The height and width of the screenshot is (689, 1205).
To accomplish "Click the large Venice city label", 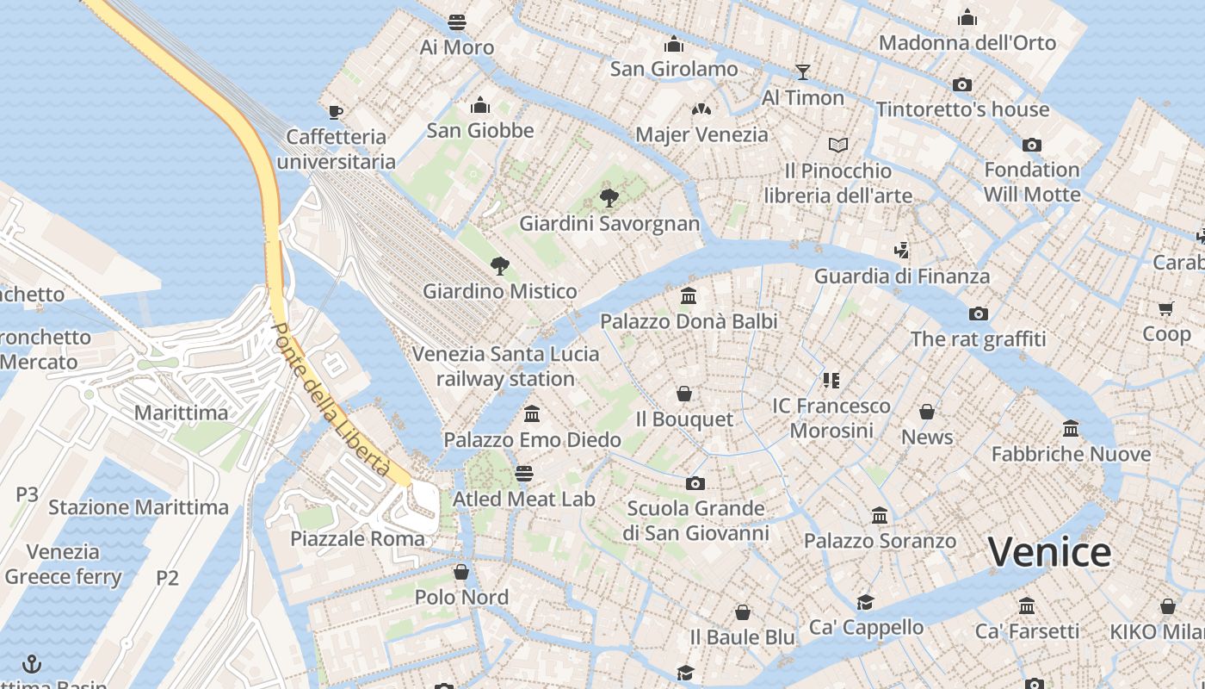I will point(1049,552).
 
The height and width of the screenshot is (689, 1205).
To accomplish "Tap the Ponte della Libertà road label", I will point(330,399).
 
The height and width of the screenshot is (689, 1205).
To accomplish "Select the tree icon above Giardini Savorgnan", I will point(609,198).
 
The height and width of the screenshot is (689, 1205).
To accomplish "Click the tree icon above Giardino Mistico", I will point(499,265).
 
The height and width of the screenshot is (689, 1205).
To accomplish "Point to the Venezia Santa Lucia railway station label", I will point(505,366).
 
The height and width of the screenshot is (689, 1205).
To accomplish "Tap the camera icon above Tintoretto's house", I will point(962,84).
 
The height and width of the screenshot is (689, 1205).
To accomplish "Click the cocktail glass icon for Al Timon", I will point(803,71).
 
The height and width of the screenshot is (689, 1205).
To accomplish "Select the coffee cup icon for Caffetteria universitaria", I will point(336,111).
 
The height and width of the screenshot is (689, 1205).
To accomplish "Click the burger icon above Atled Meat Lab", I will point(523,473).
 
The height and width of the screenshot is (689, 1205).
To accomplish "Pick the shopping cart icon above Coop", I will point(1166,308).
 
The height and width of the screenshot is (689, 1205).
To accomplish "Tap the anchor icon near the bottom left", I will point(32,663).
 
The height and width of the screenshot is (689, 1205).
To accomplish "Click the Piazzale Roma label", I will point(357,539).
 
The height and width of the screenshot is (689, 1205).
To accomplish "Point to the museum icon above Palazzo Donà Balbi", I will point(689,296).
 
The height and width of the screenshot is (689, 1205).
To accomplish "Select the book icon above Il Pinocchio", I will point(838,145).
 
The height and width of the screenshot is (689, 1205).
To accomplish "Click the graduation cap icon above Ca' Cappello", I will point(865,602).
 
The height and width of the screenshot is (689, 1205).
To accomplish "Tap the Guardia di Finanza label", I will point(902,276).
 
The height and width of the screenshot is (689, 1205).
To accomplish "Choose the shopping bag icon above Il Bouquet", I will point(684,394).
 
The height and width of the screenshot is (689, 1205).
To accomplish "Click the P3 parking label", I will point(28,494).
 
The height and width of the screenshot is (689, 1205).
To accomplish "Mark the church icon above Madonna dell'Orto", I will point(967,17).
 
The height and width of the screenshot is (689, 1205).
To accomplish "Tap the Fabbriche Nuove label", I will point(1071,454).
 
